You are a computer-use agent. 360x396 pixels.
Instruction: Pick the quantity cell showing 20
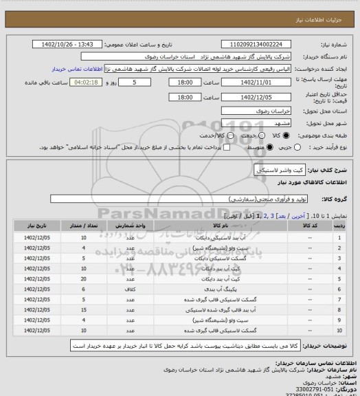[83, 280]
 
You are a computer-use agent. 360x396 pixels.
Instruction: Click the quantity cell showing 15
[83, 311]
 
